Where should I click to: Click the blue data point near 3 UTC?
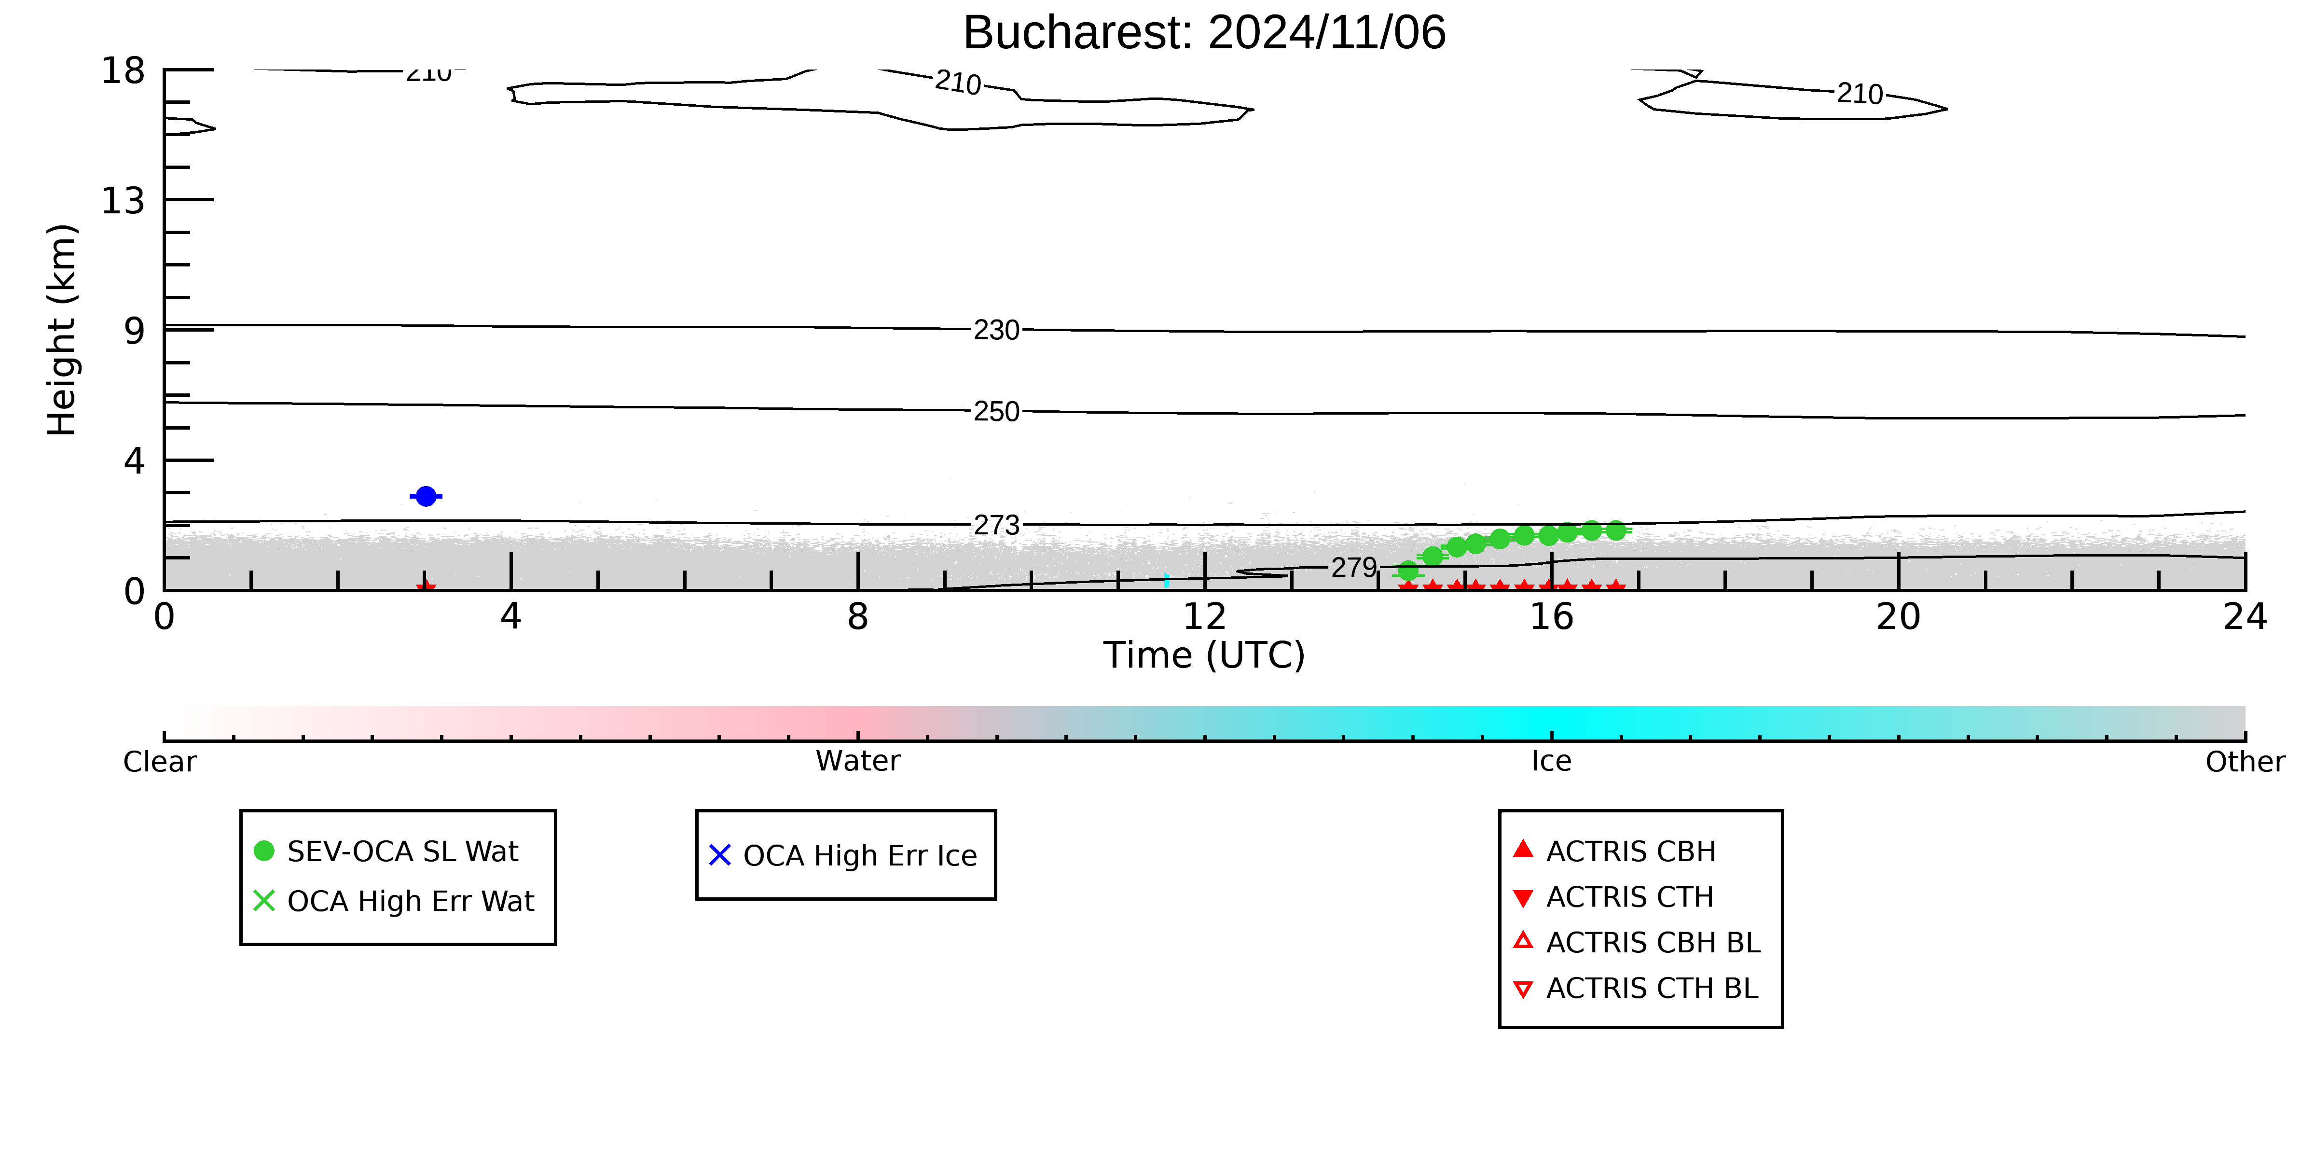[426, 496]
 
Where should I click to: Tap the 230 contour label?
[997, 330]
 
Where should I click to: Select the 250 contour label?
[997, 412]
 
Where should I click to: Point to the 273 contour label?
[997, 525]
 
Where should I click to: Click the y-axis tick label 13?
[123, 200]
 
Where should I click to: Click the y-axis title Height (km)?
[62, 330]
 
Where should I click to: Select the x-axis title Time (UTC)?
[1204, 656]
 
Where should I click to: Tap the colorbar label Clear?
[160, 762]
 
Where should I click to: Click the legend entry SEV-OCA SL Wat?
[402, 851]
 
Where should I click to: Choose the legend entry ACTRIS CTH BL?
[1652, 988]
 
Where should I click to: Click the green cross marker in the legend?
[264, 901]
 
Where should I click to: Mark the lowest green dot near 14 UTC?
[1408, 571]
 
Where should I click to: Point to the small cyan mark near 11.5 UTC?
[1167, 581]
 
